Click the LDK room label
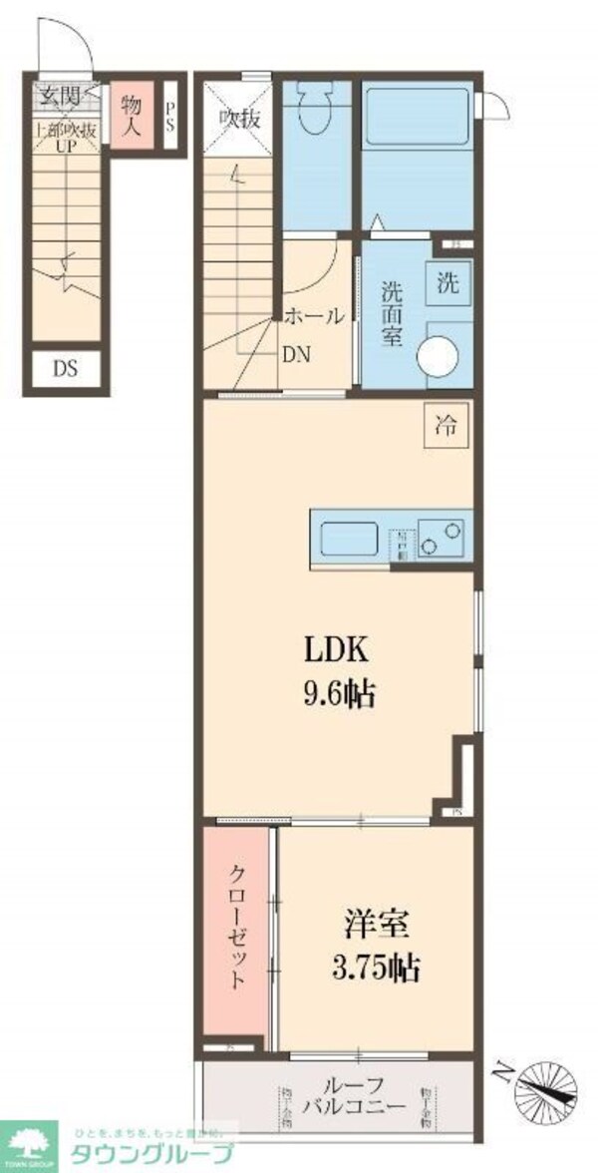tap(337, 649)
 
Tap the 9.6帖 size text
tap(338, 693)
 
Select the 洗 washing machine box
tap(447, 281)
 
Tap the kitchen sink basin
tap(350, 541)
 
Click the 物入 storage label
tap(131, 114)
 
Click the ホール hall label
tap(314, 317)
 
